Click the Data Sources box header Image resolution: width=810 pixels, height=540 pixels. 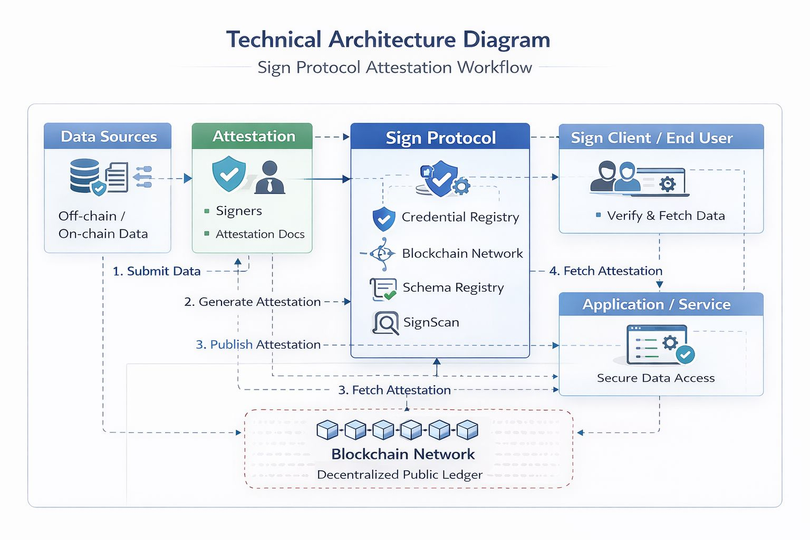click(x=108, y=137)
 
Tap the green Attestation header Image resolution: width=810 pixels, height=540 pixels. click(x=253, y=136)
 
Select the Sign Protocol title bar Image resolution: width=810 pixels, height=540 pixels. click(x=440, y=138)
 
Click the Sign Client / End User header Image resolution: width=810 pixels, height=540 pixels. click(x=651, y=138)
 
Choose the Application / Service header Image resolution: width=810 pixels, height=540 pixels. click(x=656, y=304)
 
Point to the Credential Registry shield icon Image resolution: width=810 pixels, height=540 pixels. click(x=383, y=219)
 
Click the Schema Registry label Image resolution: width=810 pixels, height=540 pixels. click(x=453, y=287)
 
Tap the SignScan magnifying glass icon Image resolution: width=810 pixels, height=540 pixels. click(x=385, y=323)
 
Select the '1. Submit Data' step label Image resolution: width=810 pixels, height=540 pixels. click(x=157, y=271)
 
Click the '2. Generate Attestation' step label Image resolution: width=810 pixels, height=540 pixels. click(x=252, y=302)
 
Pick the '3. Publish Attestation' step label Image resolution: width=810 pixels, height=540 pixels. click(x=258, y=344)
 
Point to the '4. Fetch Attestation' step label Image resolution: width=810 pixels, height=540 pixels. click(x=605, y=271)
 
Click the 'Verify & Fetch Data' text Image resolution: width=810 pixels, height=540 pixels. click(x=666, y=216)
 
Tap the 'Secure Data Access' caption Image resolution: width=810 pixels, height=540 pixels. click(x=655, y=378)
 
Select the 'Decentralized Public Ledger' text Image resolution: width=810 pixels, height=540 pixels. click(x=400, y=475)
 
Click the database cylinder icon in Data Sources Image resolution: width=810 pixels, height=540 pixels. click(x=84, y=175)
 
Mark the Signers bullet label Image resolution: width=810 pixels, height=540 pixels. click(x=238, y=211)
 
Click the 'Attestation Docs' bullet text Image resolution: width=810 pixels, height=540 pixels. click(x=260, y=234)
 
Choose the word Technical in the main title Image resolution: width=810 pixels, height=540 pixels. click(x=274, y=40)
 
